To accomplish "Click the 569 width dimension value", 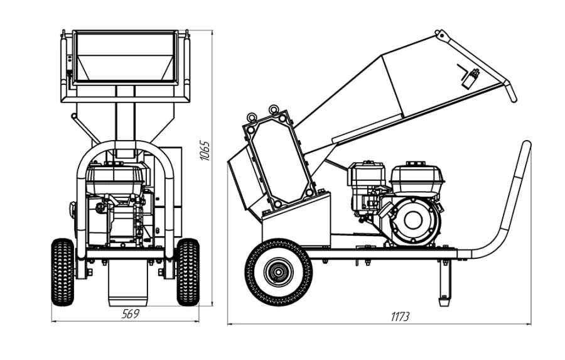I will pyautogui.click(x=129, y=314).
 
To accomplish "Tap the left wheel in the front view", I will pyautogui.click(x=62, y=271).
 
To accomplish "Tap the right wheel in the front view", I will pyautogui.click(x=187, y=271).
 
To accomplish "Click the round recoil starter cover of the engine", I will pyautogui.click(x=412, y=220).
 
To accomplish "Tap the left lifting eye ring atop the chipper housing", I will pyautogui.click(x=252, y=117).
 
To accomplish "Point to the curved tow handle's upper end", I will pyautogui.click(x=525, y=148).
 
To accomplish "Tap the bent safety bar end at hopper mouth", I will pyautogui.click(x=511, y=94).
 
